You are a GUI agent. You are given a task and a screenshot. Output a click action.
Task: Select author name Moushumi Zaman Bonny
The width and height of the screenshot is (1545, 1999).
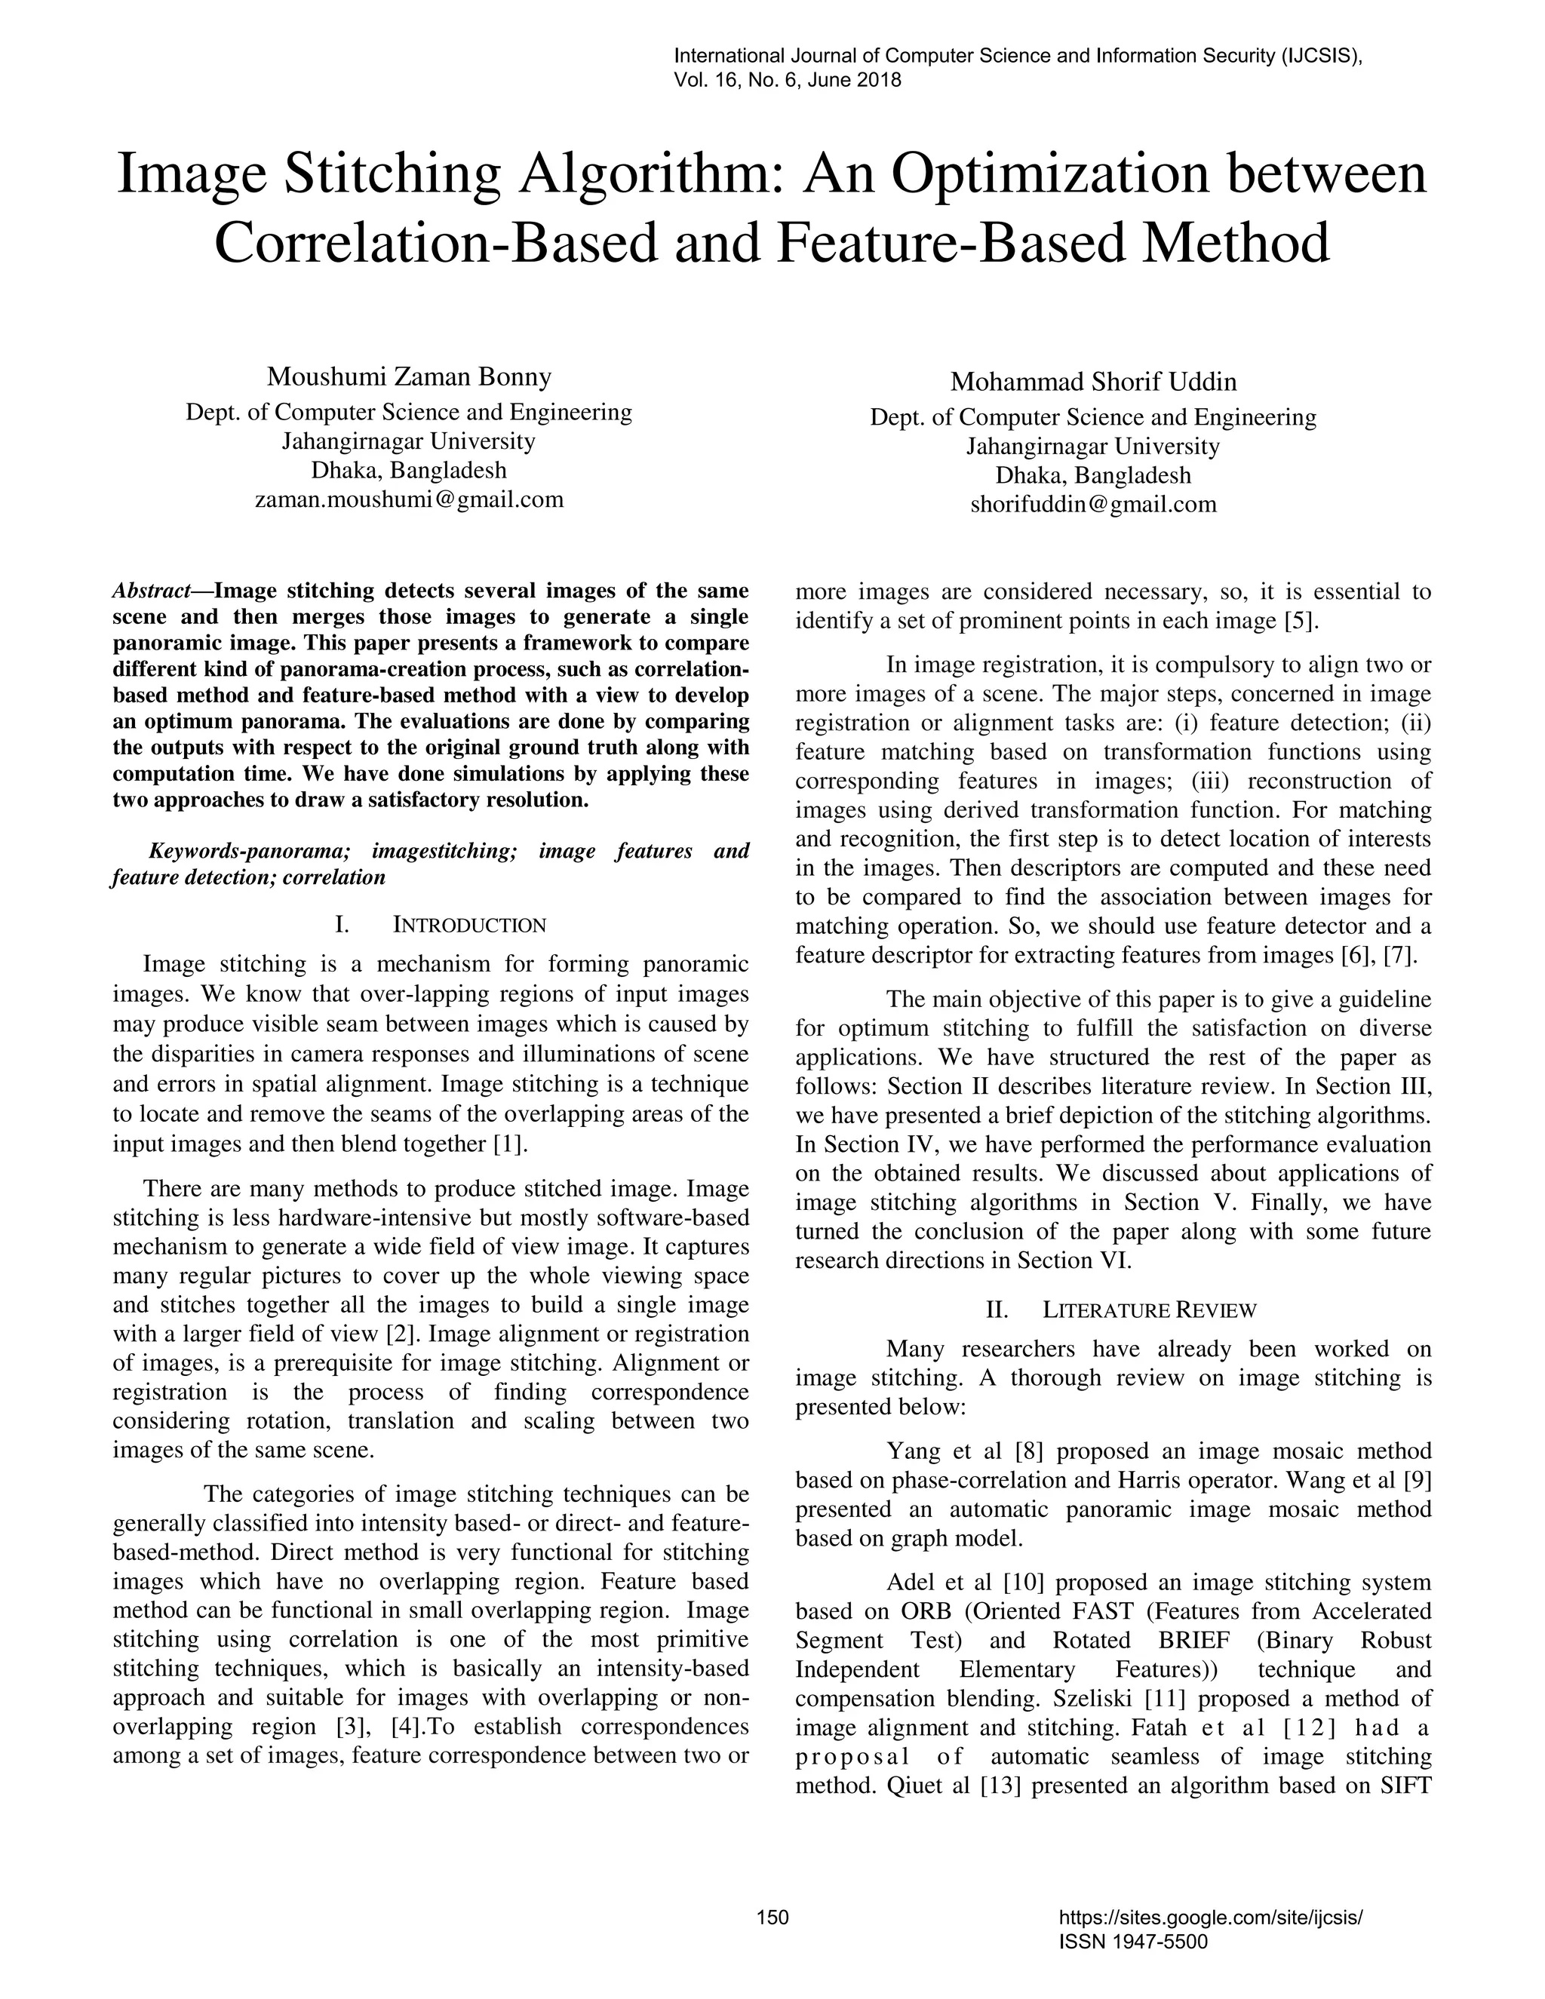409,376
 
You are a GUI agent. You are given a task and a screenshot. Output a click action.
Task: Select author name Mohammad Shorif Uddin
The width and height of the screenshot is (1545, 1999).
1093,381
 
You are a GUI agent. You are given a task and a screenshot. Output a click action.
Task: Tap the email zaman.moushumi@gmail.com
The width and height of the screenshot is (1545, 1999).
409,499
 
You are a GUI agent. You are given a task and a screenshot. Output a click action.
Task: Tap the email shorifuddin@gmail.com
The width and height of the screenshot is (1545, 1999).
1093,505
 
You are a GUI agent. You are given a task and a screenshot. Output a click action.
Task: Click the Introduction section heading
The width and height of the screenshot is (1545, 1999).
468,926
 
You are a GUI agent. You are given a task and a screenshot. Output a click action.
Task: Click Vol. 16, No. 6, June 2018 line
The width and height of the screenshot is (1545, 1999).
787,81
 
